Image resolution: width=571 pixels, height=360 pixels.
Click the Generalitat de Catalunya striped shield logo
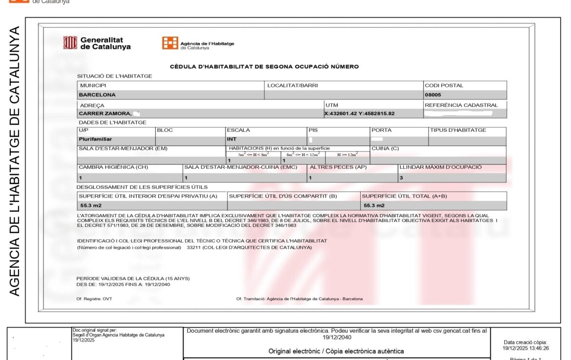tap(70, 43)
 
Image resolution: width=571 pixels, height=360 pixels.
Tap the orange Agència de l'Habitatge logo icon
tap(170, 43)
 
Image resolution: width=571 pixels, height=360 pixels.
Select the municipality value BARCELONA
tap(97, 95)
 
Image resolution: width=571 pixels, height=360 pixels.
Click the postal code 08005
tap(433, 95)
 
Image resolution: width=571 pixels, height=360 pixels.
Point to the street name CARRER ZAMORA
tap(105, 114)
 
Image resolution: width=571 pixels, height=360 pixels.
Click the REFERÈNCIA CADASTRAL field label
tap(461, 105)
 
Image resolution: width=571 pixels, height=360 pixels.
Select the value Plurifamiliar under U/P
tap(96, 139)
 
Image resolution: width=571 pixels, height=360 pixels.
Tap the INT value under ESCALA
tap(232, 139)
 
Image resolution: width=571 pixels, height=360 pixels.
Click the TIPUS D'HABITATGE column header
tap(458, 130)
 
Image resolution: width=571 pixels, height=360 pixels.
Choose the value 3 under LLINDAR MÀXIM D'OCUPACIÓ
tap(402, 178)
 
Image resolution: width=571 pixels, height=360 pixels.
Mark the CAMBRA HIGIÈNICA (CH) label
tap(113, 167)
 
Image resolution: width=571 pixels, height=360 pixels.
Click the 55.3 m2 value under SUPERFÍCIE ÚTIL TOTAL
tap(374, 205)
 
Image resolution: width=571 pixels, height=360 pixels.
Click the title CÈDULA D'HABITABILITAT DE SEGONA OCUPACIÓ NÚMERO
tap(264, 66)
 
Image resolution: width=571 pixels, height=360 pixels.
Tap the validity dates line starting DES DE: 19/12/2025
tap(123, 284)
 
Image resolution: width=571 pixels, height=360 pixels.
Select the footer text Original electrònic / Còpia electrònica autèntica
tap(336, 351)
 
